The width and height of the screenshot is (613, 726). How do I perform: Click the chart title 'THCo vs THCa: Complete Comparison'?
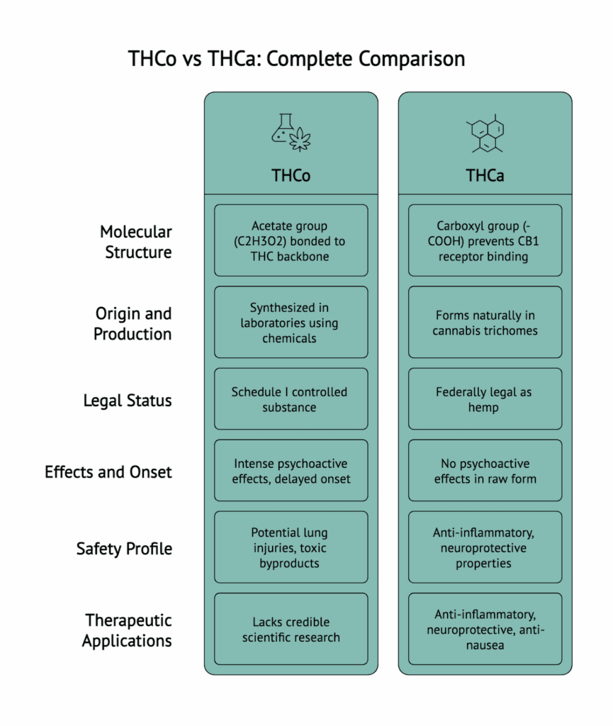[x=297, y=58]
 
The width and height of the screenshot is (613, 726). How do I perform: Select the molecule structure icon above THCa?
[x=485, y=133]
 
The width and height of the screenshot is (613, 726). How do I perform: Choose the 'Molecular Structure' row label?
[x=135, y=242]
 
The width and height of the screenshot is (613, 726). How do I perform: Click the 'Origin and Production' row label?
[x=133, y=323]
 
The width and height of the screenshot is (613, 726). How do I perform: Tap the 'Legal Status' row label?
[x=128, y=401]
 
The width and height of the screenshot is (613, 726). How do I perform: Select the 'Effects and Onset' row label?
[x=108, y=472]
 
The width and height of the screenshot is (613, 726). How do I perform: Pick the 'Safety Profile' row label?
[x=124, y=548]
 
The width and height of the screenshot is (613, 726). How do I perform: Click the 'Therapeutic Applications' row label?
[x=127, y=630]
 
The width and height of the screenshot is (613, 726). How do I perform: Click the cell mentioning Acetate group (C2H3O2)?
[x=291, y=240]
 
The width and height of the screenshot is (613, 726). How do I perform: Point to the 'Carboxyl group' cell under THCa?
[x=485, y=240]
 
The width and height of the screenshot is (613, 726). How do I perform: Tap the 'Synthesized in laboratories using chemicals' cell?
[x=291, y=323]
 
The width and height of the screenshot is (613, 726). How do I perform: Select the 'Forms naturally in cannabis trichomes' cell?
[x=485, y=323]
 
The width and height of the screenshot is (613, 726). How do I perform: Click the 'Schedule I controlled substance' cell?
[x=291, y=399]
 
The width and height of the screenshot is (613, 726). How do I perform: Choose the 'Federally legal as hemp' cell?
[x=485, y=399]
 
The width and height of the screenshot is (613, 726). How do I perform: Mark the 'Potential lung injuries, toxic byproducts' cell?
[x=291, y=547]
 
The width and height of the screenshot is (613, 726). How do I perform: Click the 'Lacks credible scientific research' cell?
[x=291, y=630]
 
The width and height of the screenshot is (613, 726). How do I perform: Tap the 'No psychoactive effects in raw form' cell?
[x=485, y=471]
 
